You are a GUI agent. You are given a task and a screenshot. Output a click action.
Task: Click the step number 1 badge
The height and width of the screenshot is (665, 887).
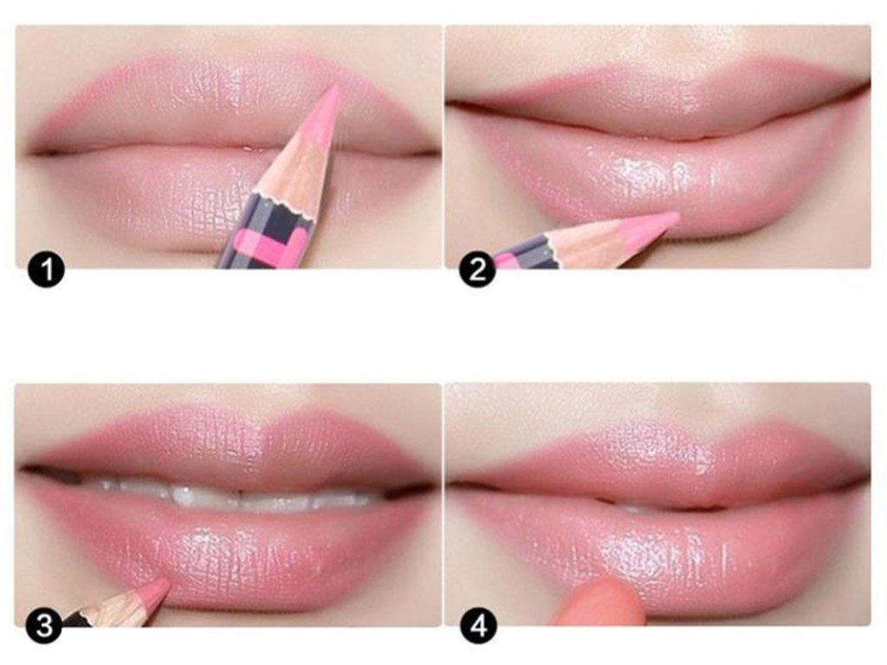click(47, 269)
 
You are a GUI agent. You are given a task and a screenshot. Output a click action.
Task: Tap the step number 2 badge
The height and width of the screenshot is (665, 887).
click(477, 269)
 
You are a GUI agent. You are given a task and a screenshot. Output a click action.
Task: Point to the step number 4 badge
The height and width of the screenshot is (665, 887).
click(478, 626)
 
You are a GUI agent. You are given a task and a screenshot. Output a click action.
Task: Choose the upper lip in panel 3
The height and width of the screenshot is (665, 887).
click(226, 447)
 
